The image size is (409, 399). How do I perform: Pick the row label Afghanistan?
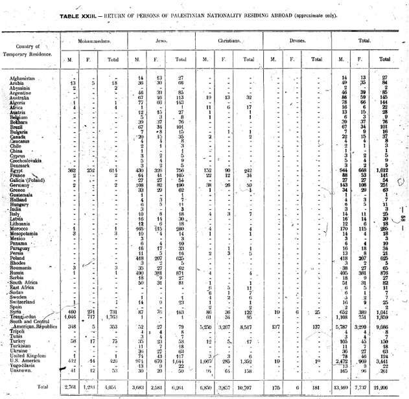[x=25, y=78]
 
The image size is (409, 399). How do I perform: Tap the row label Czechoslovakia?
[x=29, y=160]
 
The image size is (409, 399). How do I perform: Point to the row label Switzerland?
[x=26, y=302]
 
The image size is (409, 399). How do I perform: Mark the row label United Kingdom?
[x=30, y=355]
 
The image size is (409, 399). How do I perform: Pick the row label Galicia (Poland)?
[x=30, y=180]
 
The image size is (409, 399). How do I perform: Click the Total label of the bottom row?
[x=43, y=387]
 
